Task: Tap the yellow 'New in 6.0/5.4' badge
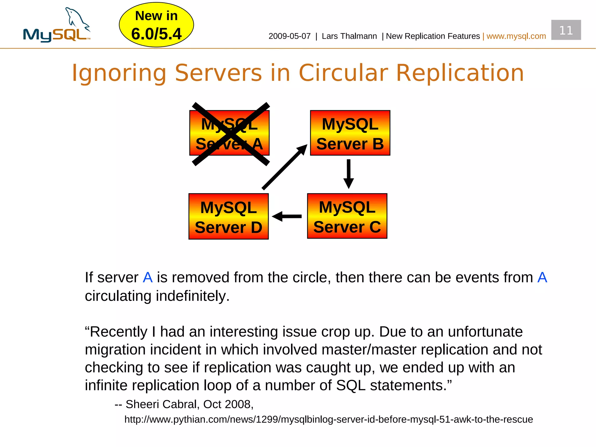point(156,25)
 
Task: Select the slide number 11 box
point(566,30)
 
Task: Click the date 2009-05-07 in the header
point(289,36)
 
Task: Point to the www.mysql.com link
point(516,36)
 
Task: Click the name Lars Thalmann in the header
point(349,36)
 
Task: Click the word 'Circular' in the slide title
point(343,73)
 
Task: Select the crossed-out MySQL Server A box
point(229,133)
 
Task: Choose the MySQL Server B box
point(350,133)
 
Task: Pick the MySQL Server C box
point(347,216)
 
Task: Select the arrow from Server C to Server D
point(287,216)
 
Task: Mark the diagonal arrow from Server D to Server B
point(284,167)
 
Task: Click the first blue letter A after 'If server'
point(148,277)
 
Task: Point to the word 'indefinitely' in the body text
point(192,296)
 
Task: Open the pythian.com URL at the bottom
point(329,419)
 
